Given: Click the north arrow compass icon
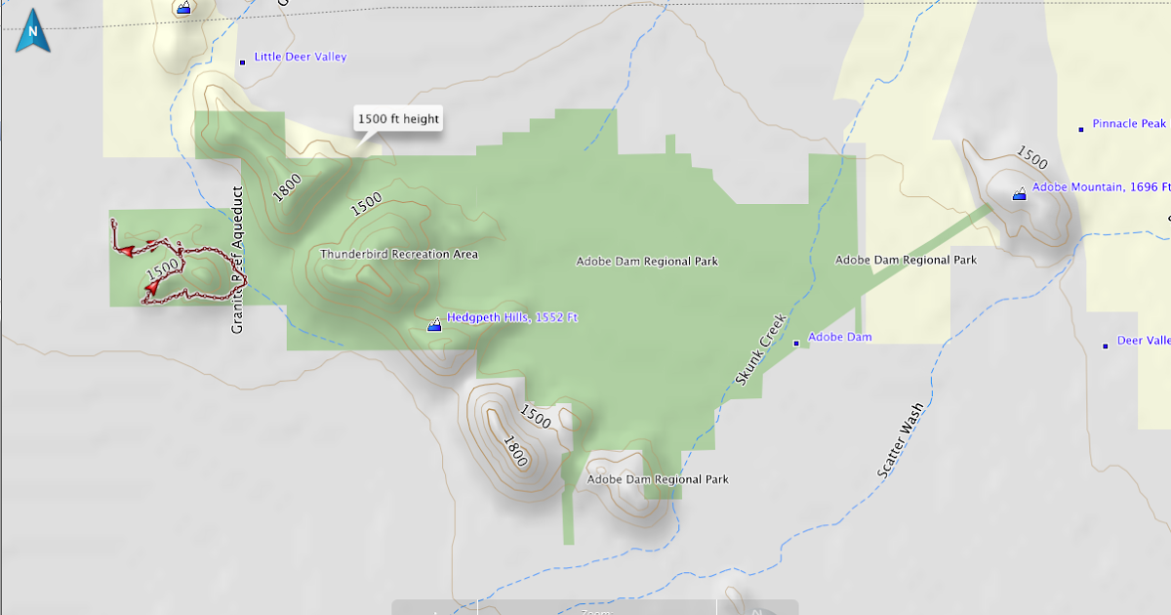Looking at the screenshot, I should (33, 30).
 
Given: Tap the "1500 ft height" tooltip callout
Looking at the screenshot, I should (398, 119).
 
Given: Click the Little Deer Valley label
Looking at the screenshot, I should (301, 57).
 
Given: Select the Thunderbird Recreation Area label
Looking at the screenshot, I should (399, 254).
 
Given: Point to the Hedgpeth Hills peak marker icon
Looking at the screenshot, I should (434, 324).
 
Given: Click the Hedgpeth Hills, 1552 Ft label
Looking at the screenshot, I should (512, 317).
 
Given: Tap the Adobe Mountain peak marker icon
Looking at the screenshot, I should (1020, 193).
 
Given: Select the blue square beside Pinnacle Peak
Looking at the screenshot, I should (1081, 129).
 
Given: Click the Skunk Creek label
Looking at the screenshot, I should (760, 348).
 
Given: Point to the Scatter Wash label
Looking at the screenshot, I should (899, 441).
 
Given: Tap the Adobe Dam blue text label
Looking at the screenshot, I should (840, 337).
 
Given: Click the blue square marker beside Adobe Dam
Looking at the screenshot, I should (796, 343).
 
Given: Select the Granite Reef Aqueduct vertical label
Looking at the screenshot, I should (237, 260).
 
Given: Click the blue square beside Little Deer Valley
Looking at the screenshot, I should (243, 62).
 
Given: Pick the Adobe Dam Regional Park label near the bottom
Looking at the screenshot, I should (658, 479).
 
